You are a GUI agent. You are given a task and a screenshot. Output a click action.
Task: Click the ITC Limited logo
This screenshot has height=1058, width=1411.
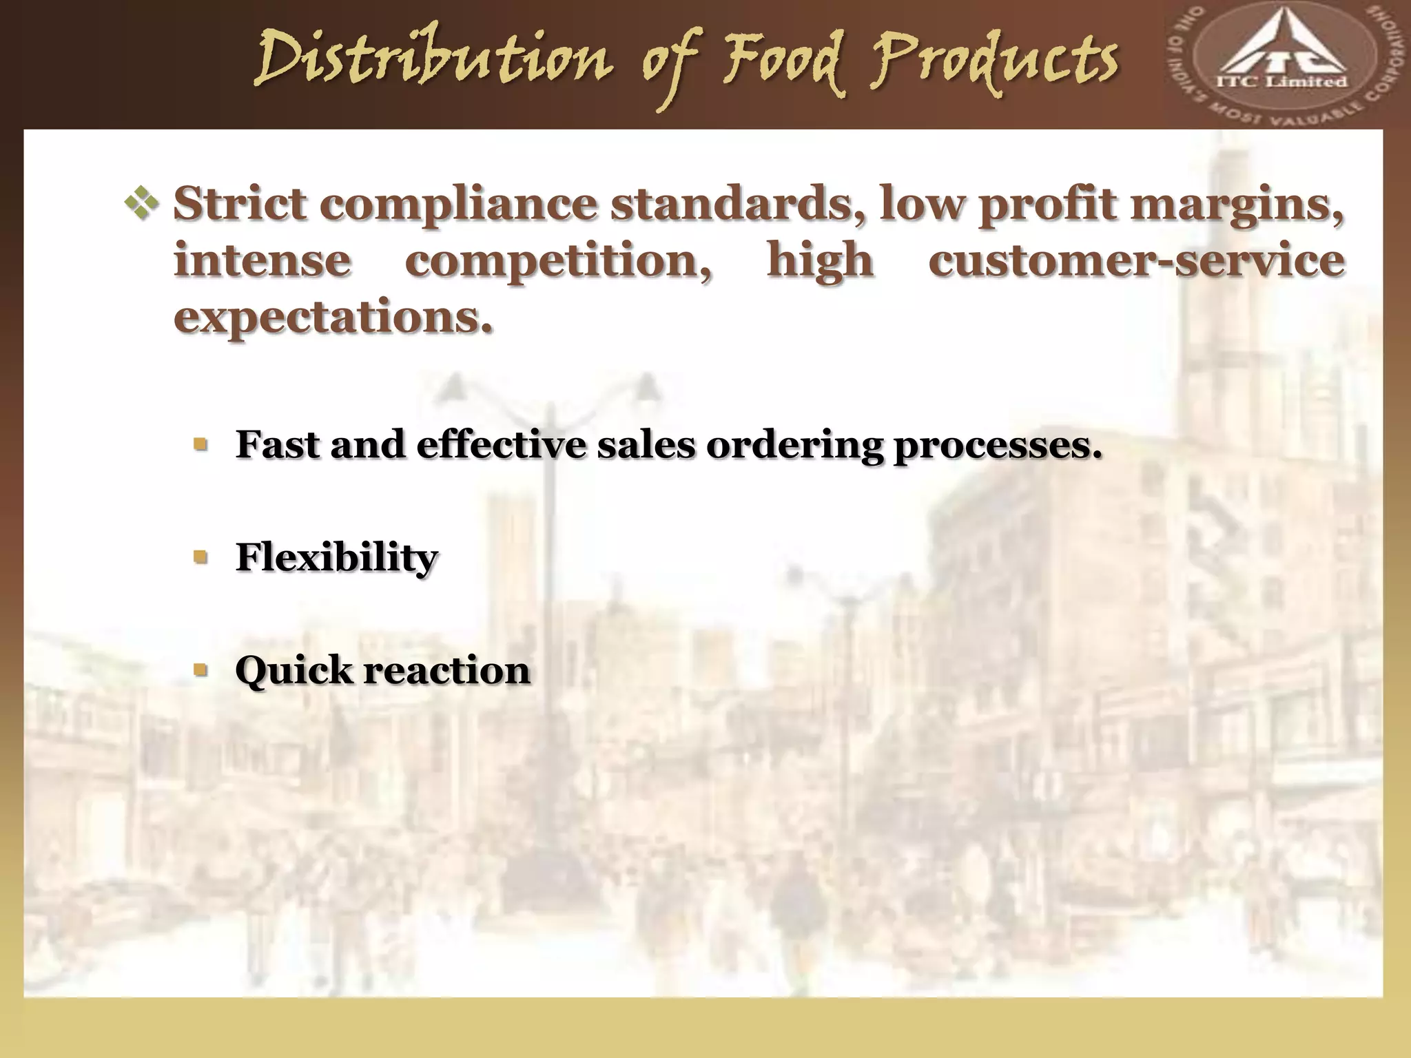1285,66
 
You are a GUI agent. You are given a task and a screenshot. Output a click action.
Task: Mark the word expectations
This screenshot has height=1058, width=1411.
333,318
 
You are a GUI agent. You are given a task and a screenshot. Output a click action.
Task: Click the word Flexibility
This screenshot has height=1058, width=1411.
336,557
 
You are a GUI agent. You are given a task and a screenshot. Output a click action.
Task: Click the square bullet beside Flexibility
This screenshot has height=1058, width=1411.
200,556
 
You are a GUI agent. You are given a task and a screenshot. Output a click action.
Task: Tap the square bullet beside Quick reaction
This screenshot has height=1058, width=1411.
200,669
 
